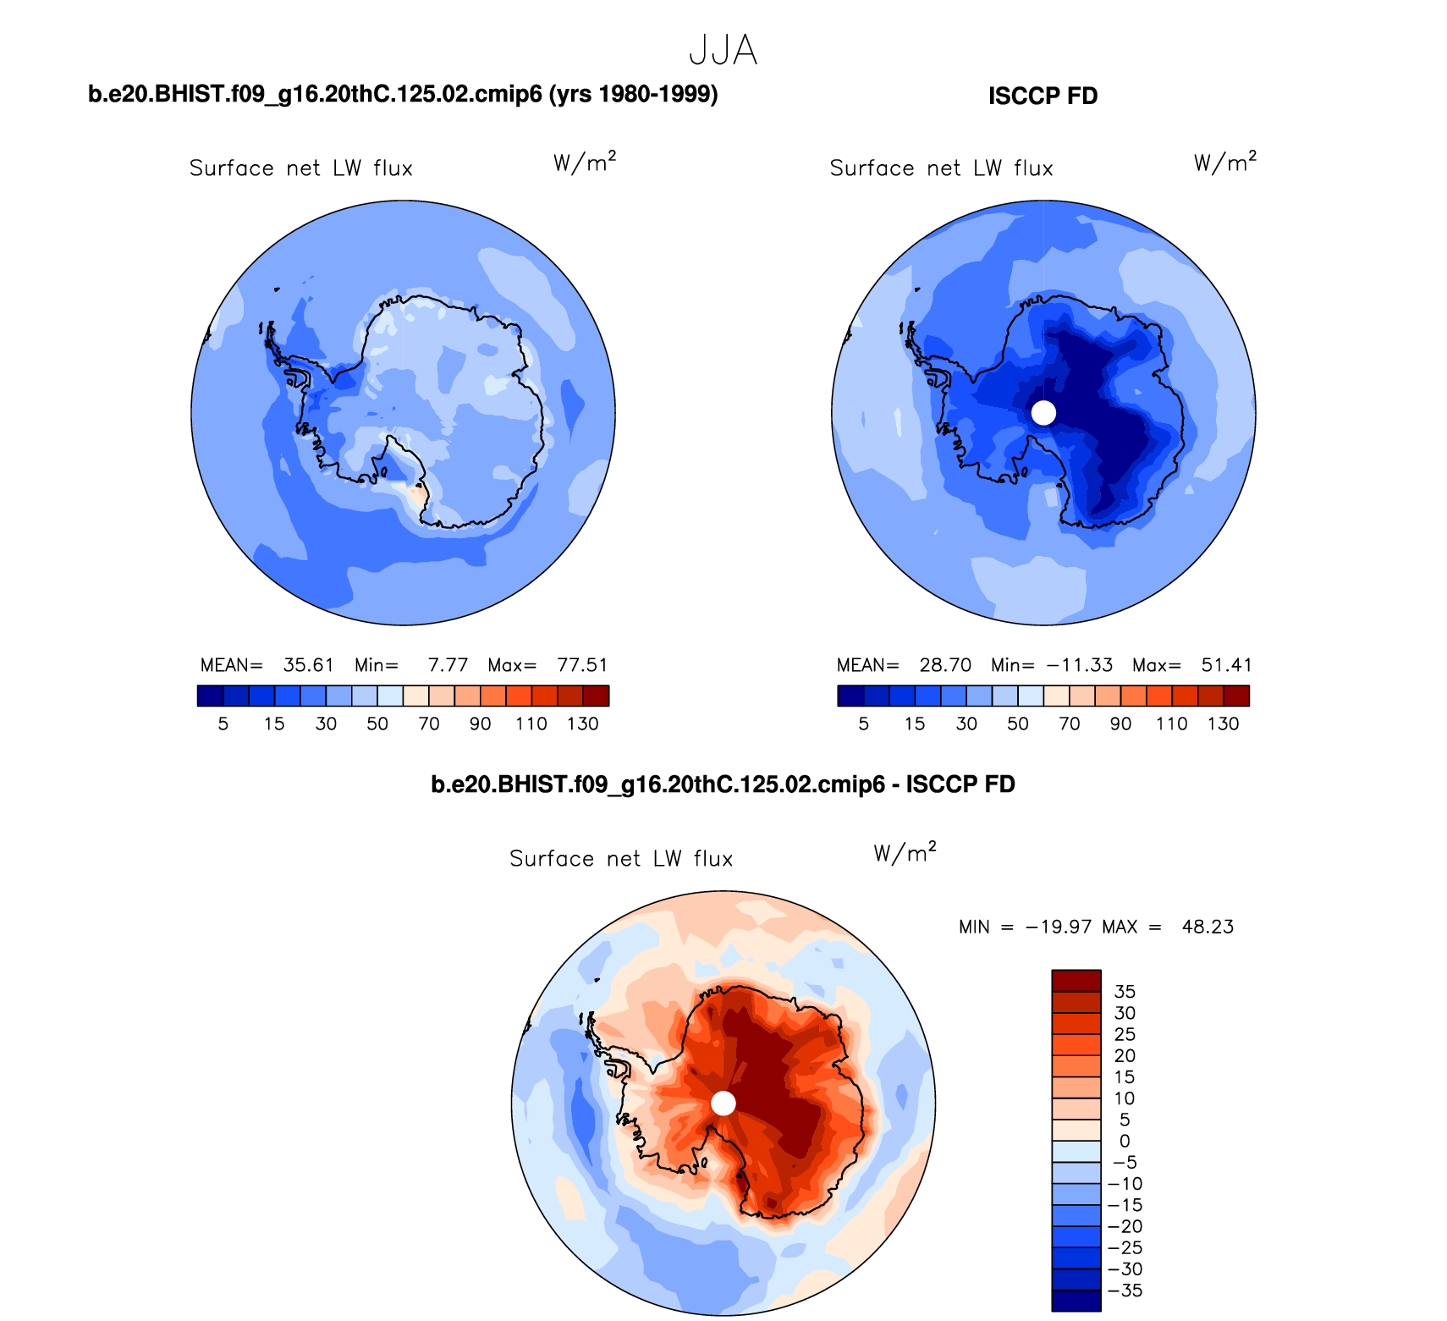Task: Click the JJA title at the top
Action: tap(723, 51)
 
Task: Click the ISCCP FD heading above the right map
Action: tap(1043, 96)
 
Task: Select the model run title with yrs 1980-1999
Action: tap(403, 94)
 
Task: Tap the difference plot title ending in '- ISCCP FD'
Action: tap(723, 784)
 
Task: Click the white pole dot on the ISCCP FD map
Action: tap(1044, 413)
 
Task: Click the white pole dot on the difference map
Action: tap(723, 1104)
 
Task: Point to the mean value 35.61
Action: tap(308, 665)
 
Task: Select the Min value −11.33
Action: tap(1079, 665)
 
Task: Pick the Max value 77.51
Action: tap(582, 665)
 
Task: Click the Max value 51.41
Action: tap(1226, 665)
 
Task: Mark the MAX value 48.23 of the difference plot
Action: tap(1208, 927)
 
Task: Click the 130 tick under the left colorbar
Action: tap(583, 724)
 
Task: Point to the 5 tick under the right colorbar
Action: tap(863, 724)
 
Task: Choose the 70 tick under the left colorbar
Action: tap(429, 724)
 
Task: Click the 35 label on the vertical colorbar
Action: tap(1125, 992)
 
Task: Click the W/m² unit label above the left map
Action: tap(585, 162)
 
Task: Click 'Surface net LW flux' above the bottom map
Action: tap(621, 859)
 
